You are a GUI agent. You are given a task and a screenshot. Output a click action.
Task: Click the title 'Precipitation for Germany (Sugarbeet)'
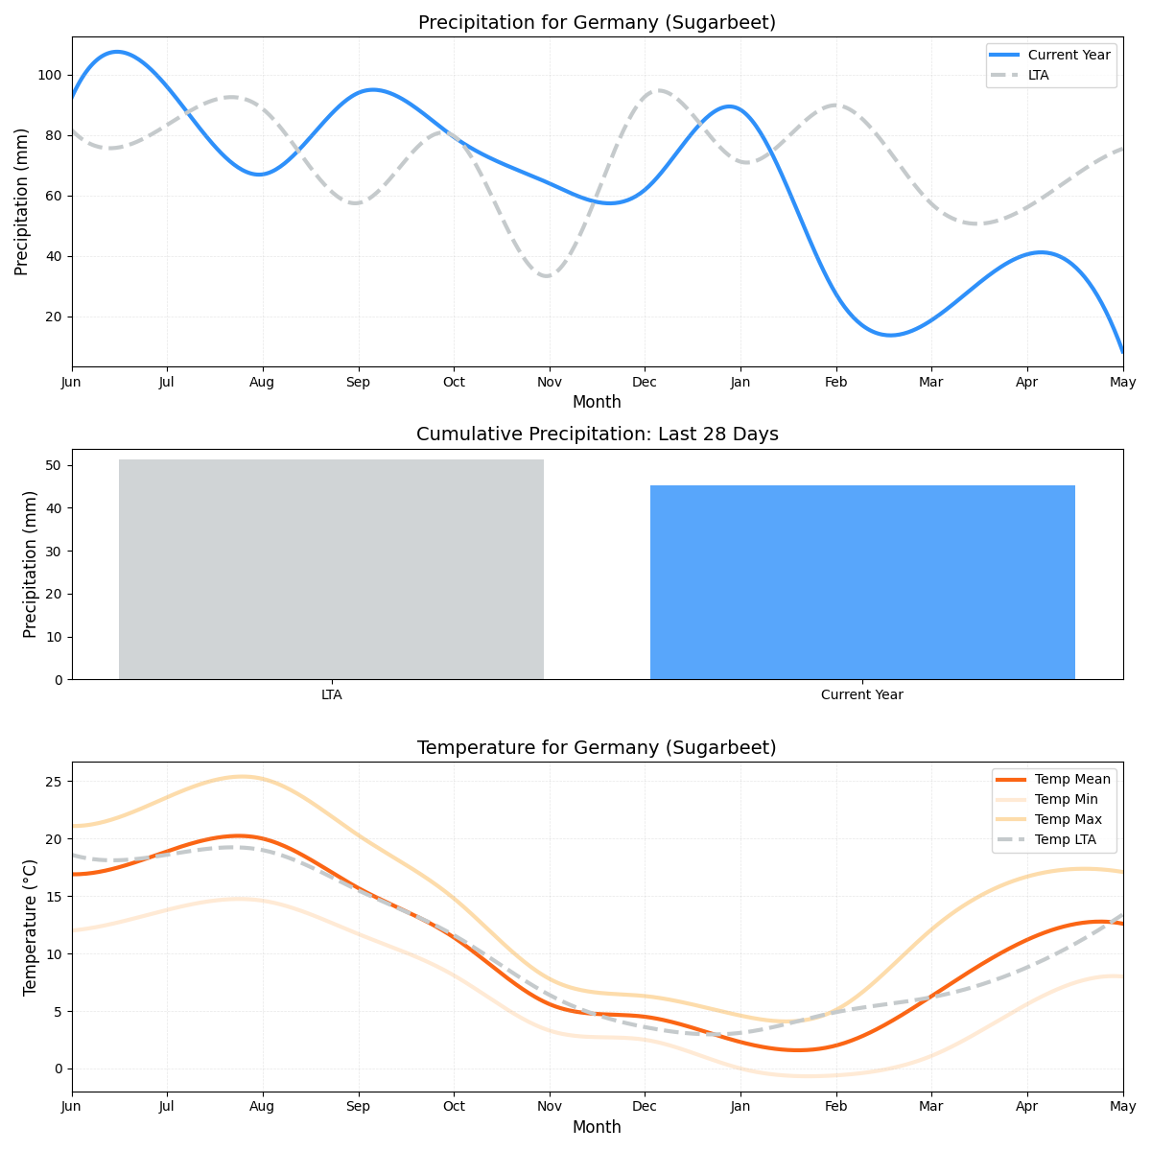click(597, 23)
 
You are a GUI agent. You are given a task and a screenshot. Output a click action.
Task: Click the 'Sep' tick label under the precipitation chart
click(358, 382)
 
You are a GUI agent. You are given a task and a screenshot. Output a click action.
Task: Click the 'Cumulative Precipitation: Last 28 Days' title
click(597, 435)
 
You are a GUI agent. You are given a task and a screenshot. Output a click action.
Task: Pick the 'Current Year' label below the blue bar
click(861, 694)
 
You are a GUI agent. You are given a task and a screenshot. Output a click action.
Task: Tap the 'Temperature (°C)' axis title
click(30, 927)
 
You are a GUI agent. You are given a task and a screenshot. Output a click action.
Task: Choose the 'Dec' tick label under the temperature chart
click(645, 1107)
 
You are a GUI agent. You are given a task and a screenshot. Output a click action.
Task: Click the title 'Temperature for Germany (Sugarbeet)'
click(597, 748)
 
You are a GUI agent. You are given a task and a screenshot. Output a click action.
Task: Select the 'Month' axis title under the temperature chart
click(597, 1127)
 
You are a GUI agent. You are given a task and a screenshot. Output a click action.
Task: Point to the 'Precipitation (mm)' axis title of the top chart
click(22, 201)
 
